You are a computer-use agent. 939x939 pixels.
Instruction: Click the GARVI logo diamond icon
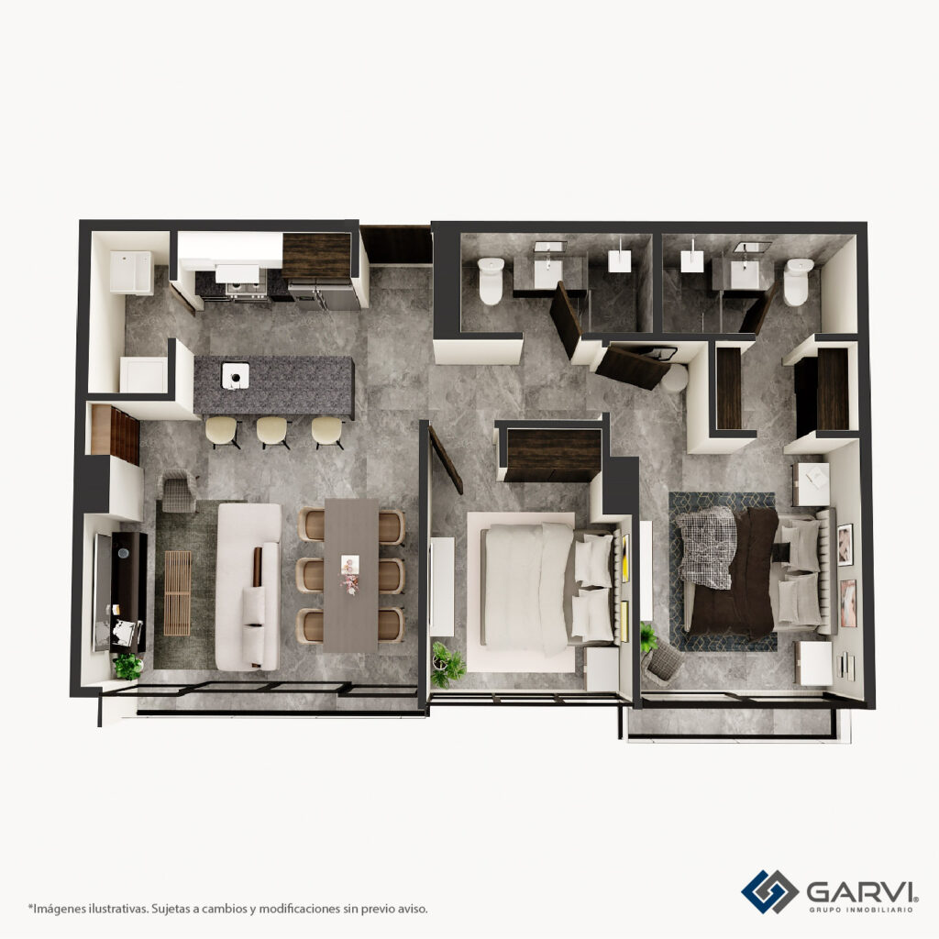pyautogui.click(x=769, y=891)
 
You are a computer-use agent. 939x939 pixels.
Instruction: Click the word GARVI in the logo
pyautogui.click(x=860, y=891)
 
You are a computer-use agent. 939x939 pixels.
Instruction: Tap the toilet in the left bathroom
pyautogui.click(x=492, y=281)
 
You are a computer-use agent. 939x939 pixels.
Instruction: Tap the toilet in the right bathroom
pyautogui.click(x=798, y=282)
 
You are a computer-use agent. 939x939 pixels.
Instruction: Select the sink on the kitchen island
pyautogui.click(x=236, y=376)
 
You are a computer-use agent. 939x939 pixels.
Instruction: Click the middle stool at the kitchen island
pyautogui.click(x=273, y=431)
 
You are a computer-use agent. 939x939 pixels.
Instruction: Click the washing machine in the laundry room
pyautogui.click(x=130, y=272)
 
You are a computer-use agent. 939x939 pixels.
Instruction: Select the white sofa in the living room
pyautogui.click(x=248, y=587)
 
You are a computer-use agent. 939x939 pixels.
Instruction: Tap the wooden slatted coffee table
pyautogui.click(x=177, y=593)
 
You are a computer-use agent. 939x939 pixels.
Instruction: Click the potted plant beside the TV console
pyautogui.click(x=127, y=666)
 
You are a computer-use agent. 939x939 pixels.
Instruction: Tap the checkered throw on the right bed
pyautogui.click(x=707, y=547)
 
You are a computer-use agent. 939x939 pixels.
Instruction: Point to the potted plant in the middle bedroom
pyautogui.click(x=447, y=664)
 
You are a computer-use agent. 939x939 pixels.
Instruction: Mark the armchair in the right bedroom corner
pyautogui.click(x=662, y=664)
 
